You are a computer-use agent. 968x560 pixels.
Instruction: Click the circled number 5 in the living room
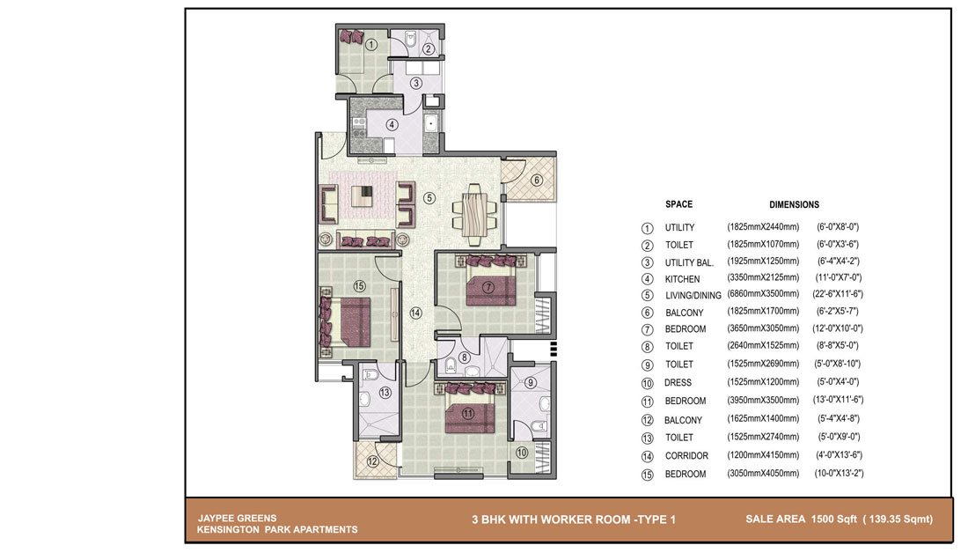[x=429, y=198]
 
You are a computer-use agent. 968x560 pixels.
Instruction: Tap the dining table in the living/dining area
[x=474, y=215]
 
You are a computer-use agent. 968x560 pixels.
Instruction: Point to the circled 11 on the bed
[x=468, y=414]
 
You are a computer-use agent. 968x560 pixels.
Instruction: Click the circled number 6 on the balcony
[x=537, y=181]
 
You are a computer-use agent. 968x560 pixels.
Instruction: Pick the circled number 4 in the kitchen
[x=392, y=125]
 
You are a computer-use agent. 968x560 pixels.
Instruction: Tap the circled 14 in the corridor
[x=416, y=313]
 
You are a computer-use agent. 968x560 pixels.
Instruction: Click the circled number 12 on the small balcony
[x=372, y=461]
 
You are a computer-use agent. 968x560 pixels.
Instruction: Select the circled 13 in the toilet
[x=385, y=392]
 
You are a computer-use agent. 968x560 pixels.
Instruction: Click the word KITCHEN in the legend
[x=682, y=279]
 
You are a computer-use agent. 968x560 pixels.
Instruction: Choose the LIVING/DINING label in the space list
[x=693, y=295]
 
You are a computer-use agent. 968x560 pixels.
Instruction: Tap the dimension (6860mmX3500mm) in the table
[x=763, y=294]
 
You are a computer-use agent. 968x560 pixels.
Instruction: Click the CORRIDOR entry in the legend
[x=686, y=455]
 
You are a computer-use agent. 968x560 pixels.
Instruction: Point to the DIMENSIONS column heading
[x=794, y=204]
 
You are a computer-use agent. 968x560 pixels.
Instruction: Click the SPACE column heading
[x=678, y=204]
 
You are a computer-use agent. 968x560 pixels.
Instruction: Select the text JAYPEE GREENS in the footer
[x=237, y=518]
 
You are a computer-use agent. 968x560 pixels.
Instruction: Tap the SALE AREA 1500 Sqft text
[x=802, y=519]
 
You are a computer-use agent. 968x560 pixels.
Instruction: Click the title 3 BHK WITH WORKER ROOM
[x=551, y=519]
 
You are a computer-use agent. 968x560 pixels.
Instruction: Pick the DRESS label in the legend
[x=678, y=383]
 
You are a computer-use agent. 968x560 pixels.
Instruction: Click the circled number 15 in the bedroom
[x=359, y=286]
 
